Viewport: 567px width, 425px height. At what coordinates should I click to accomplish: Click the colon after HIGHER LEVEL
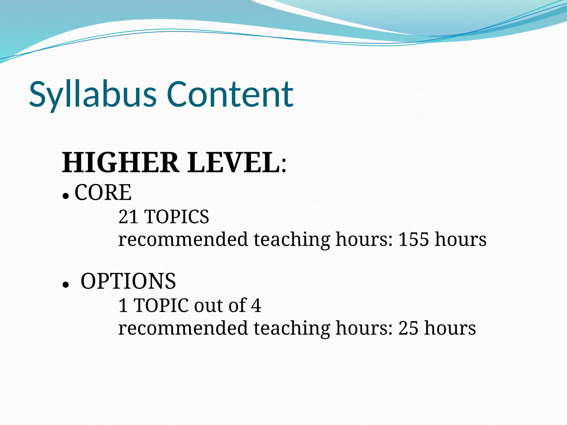[x=284, y=166]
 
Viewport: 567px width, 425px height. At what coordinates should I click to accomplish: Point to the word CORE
[x=103, y=193]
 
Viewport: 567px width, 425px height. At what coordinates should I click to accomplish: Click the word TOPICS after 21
[x=177, y=217]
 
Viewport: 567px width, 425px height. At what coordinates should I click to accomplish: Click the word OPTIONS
[x=128, y=281]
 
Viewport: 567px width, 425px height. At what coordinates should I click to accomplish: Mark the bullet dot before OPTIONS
[x=65, y=285]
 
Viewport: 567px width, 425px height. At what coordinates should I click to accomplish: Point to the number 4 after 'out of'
[x=256, y=305]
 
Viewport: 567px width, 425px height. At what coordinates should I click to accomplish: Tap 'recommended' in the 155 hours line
[x=183, y=239]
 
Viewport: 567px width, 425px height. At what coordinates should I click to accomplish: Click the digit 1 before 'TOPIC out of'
[x=123, y=305]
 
